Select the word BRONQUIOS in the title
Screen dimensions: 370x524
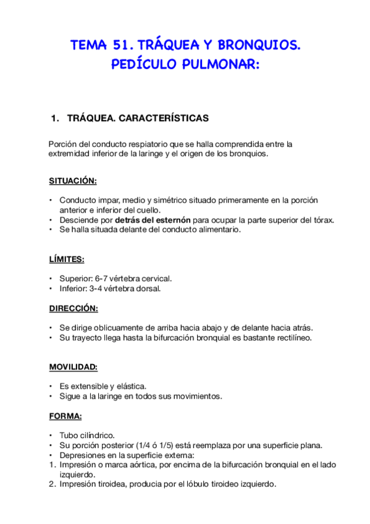[x=258, y=45]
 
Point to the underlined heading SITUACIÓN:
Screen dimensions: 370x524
[x=73, y=181]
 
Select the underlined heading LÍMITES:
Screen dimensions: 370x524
[x=67, y=260]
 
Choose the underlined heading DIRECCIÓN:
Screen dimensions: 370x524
[x=74, y=308]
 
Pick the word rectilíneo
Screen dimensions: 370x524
[x=292, y=338]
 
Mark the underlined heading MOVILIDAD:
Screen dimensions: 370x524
[x=73, y=367]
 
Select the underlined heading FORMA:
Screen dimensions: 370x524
[x=65, y=416]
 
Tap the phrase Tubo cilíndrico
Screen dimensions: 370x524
[x=87, y=436]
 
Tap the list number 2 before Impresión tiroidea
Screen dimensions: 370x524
[x=51, y=484]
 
